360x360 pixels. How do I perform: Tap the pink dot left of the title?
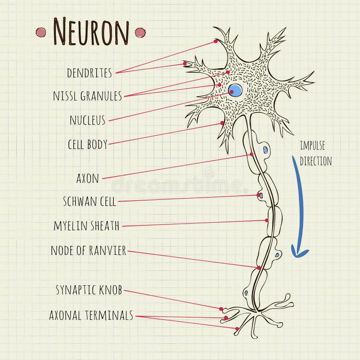41,32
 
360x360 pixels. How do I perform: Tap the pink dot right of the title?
140,32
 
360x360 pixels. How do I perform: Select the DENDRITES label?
89,73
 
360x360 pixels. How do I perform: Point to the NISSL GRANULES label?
87,96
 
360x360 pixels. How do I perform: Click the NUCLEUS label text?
87,120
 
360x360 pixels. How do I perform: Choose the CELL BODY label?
88,144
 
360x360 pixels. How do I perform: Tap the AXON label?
87,178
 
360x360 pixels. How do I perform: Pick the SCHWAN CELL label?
90,202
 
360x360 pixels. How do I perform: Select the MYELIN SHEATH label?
86,226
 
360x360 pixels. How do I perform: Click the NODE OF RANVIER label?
88,250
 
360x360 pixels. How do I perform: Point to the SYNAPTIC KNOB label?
89,290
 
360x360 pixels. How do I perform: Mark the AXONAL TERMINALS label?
91,315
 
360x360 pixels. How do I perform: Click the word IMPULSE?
312,145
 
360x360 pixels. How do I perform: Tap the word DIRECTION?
316,161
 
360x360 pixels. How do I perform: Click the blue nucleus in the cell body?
235,90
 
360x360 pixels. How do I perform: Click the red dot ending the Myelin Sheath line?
267,220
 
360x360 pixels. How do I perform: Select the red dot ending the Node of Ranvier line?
259,268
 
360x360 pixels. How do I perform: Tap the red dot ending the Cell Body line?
222,122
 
